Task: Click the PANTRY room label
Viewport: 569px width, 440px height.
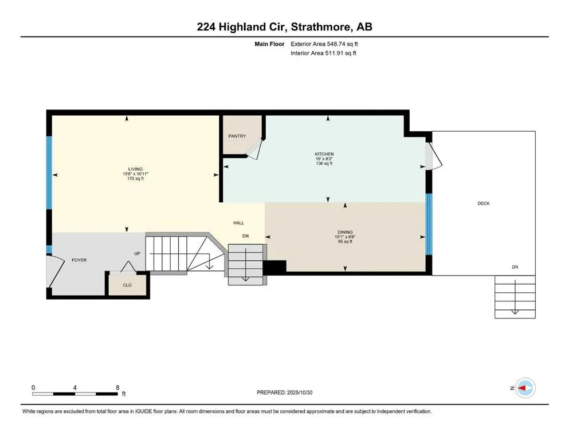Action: point(237,136)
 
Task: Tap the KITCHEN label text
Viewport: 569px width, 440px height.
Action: point(324,154)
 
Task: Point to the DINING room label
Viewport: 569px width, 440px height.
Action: point(344,232)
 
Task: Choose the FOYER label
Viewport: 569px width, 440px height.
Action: point(79,260)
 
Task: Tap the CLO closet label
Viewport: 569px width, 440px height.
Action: point(127,284)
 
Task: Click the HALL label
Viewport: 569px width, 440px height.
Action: point(239,223)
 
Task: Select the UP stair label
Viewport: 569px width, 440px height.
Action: point(138,253)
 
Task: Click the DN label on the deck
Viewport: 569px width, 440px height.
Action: point(515,267)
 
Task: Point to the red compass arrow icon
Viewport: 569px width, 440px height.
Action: point(524,388)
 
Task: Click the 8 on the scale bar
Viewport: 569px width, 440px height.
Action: point(117,387)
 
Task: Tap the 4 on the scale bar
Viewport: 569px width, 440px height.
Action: point(75,387)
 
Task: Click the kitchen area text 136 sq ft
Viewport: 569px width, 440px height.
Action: point(324,164)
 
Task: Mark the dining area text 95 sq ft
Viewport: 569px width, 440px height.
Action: point(344,241)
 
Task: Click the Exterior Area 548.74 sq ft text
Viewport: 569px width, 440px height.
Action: point(324,44)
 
